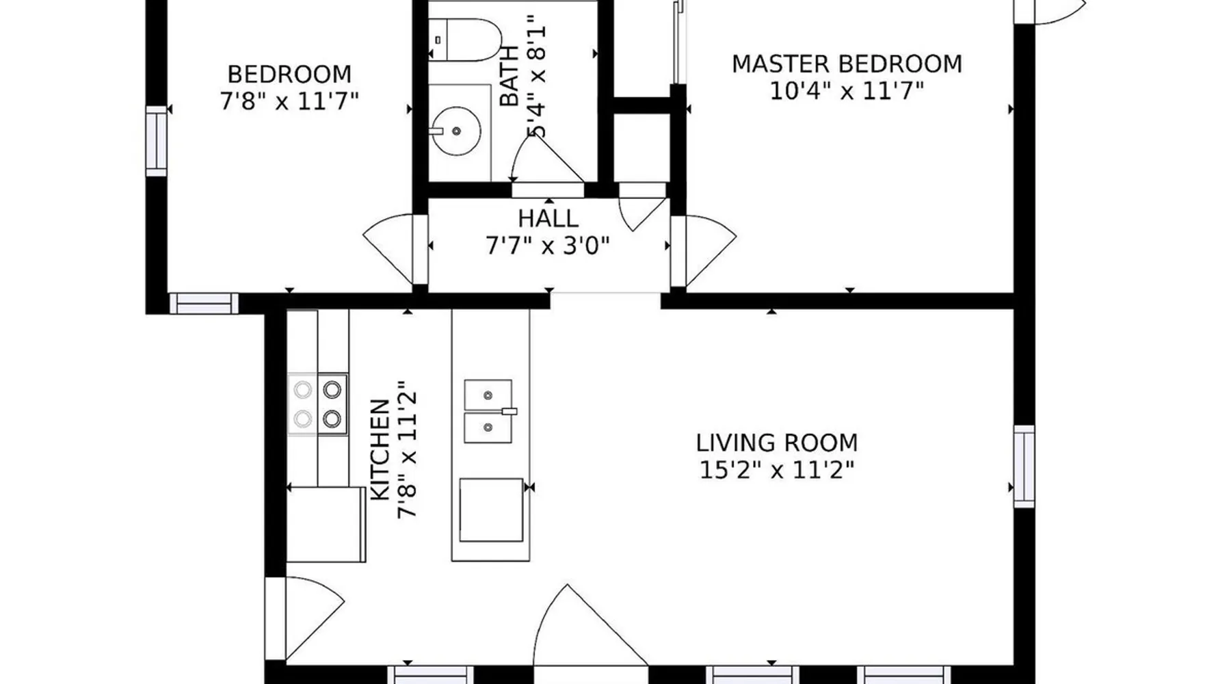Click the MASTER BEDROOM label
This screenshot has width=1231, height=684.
(847, 64)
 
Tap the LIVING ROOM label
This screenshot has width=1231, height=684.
(777, 443)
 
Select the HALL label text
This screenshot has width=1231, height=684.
(548, 219)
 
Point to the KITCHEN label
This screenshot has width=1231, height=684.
(380, 450)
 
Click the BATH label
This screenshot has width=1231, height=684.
(509, 76)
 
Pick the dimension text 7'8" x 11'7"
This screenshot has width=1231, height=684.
(289, 101)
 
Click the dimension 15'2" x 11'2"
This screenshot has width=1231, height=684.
(777, 470)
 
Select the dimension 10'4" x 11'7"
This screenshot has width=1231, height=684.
(847, 90)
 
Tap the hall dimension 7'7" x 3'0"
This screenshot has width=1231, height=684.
(548, 245)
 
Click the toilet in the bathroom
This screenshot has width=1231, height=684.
(464, 40)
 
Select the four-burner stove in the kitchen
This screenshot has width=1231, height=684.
(317, 404)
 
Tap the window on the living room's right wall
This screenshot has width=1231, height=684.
(1023, 466)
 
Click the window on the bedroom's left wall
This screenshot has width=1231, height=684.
(157, 141)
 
